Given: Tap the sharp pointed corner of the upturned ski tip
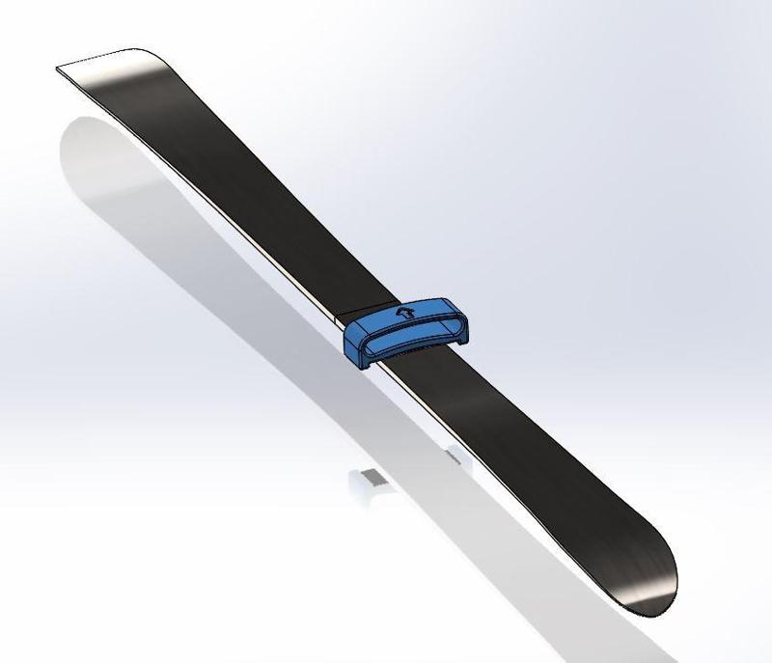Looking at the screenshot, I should click(58, 68).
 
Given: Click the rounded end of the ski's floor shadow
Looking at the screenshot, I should click(82, 135).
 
